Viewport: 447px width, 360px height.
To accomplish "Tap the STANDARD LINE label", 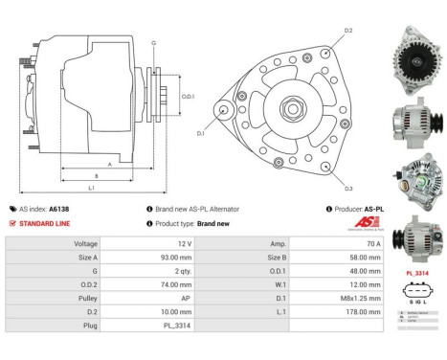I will pos(42,223).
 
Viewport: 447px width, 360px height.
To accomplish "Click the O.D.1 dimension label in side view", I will pos(188,96).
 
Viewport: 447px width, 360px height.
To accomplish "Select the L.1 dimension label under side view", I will pos(90,188).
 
